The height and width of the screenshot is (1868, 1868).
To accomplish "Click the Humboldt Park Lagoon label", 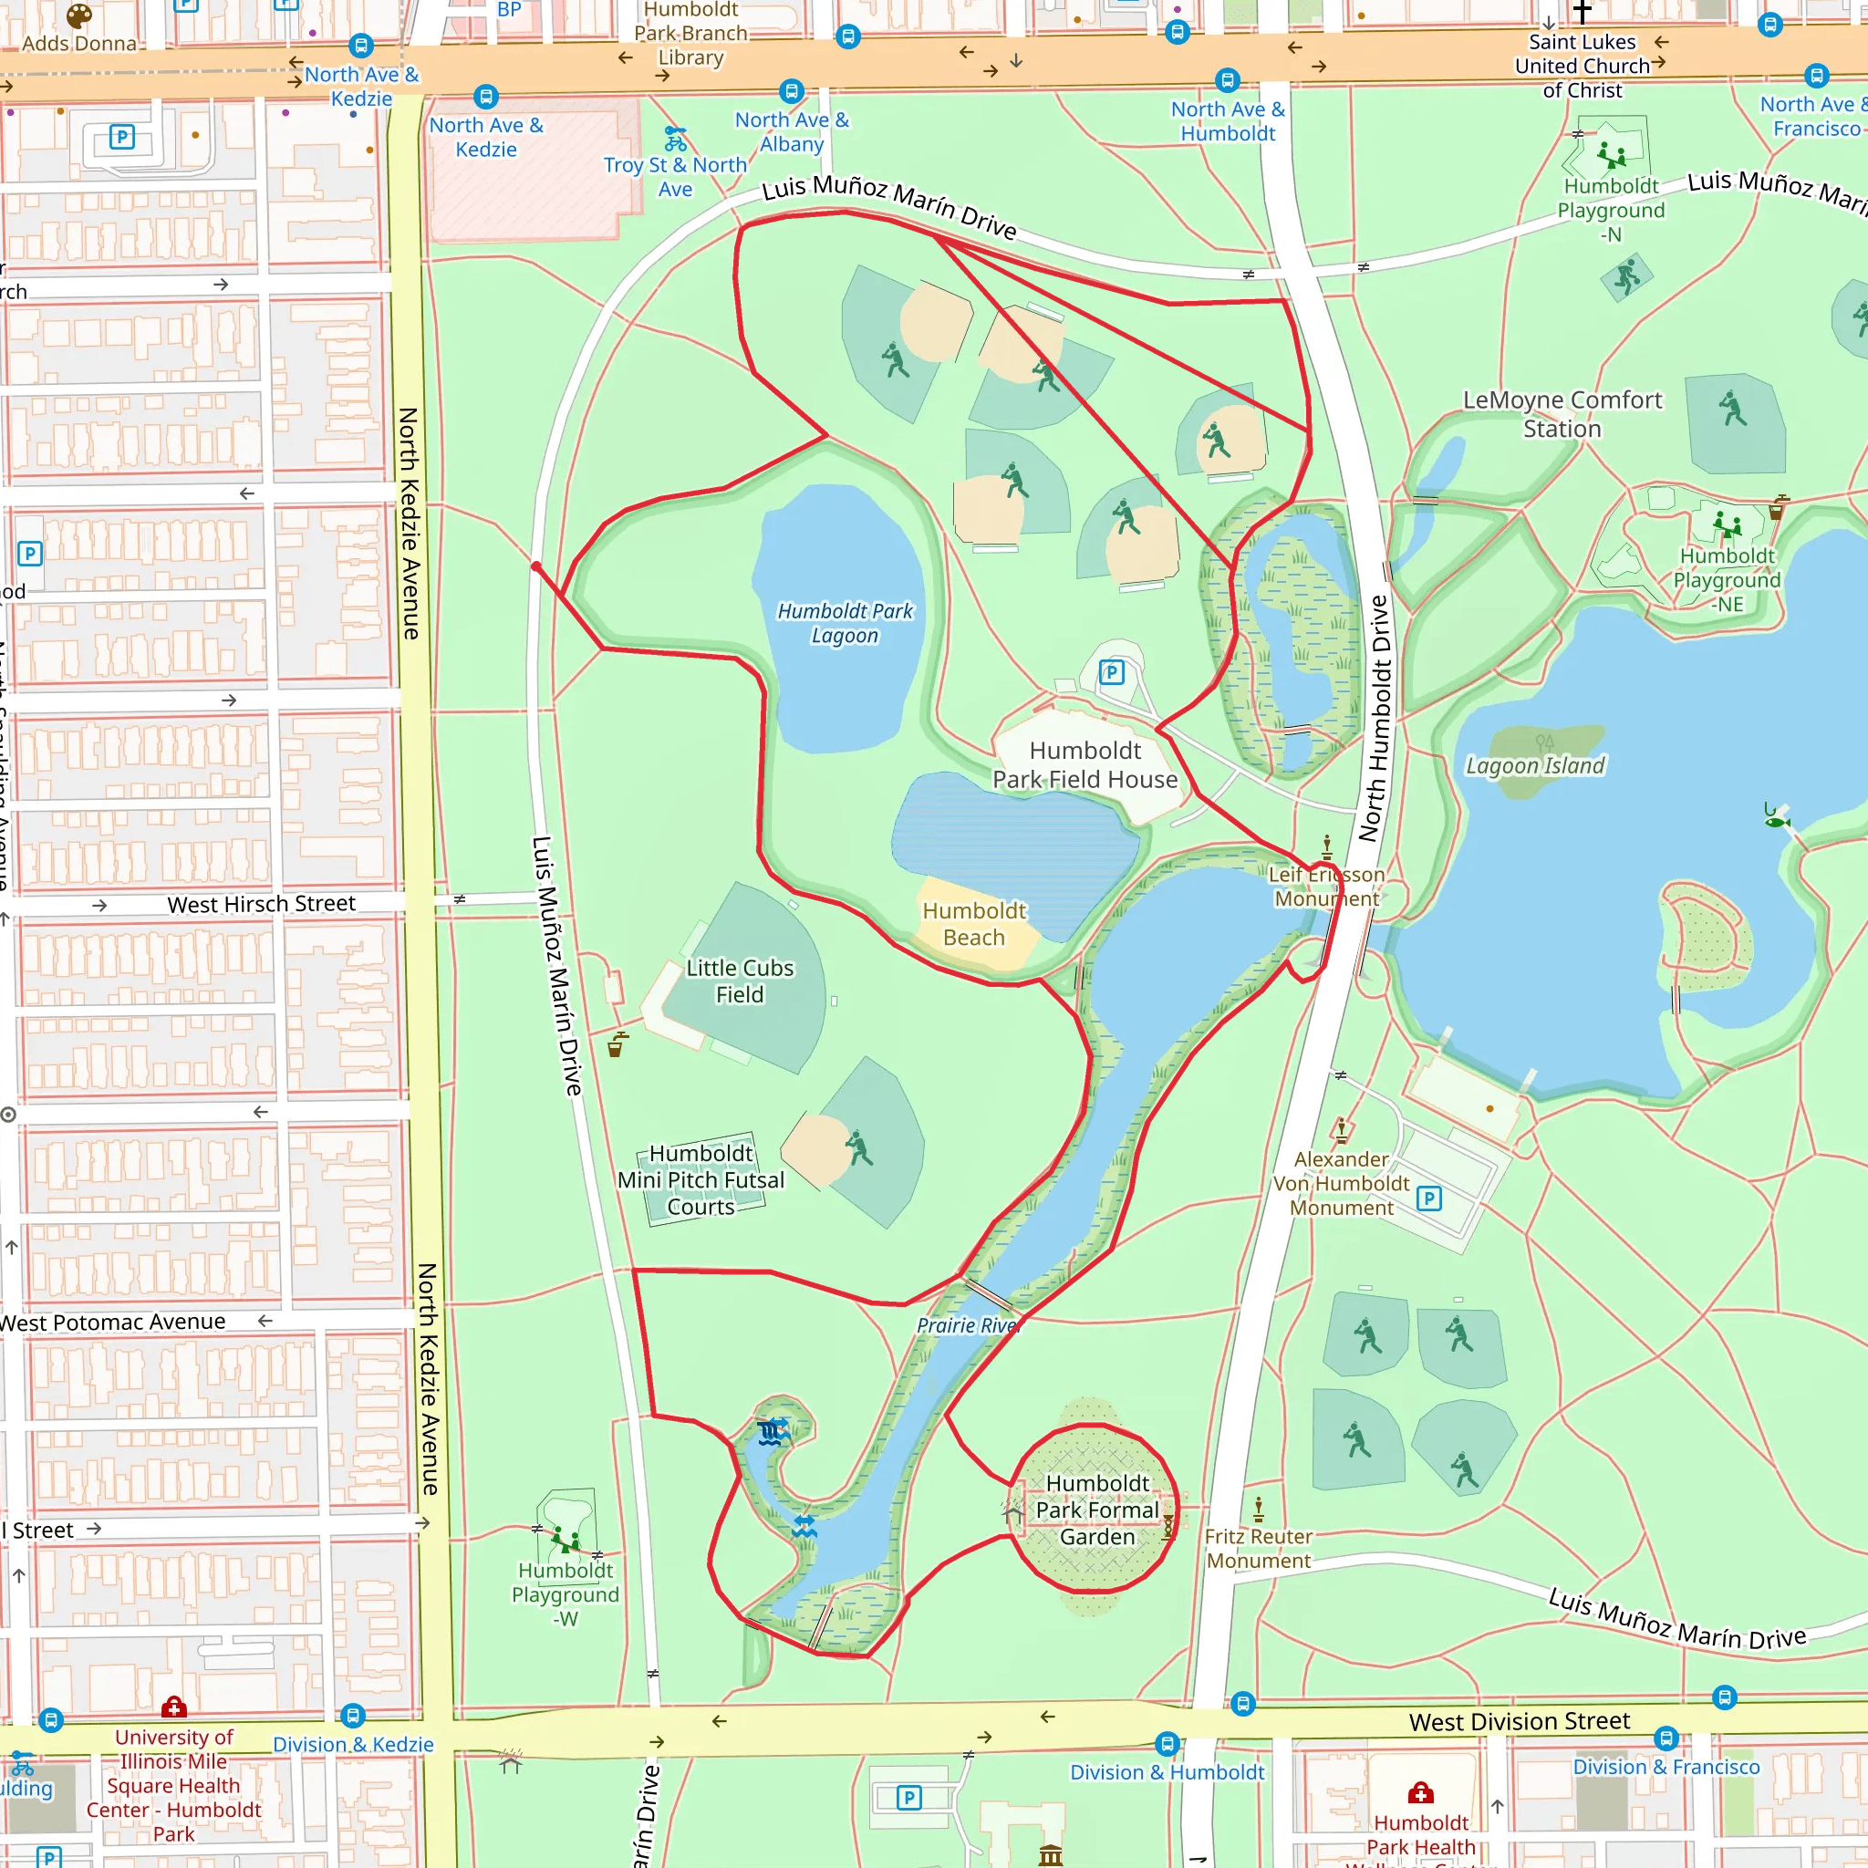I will coord(845,624).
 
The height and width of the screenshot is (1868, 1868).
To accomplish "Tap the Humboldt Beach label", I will coord(973,924).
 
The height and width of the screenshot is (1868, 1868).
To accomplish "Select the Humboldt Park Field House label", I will coord(1084,764).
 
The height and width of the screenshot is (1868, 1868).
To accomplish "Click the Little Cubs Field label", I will coord(740,981).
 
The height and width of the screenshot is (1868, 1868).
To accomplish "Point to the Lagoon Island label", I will coord(1534,766).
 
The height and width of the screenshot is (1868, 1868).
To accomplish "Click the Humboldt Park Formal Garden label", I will coord(1096,1510).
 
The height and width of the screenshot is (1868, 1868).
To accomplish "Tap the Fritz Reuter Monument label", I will coord(1258,1548).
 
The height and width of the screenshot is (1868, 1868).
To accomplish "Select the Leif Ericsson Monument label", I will coord(1326,887).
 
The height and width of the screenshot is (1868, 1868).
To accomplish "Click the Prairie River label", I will coord(967,1325).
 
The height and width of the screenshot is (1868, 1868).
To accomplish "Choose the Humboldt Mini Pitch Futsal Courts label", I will coord(701,1180).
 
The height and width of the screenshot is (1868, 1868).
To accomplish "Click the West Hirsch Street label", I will coord(261,904).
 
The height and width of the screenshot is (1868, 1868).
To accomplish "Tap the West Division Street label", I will coord(1519,1722).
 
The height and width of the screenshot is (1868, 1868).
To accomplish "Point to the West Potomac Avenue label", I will coord(114,1322).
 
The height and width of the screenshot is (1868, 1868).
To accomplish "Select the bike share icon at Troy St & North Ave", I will coord(675,139).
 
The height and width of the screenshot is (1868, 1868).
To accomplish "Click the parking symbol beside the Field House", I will coord(1112,672).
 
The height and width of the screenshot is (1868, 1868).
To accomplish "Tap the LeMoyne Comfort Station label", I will coord(1562,414).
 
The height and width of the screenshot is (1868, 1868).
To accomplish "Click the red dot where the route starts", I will coord(535,566).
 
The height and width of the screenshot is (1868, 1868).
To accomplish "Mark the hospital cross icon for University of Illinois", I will coord(174,1707).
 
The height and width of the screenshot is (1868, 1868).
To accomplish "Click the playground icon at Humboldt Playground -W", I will coord(565,1540).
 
